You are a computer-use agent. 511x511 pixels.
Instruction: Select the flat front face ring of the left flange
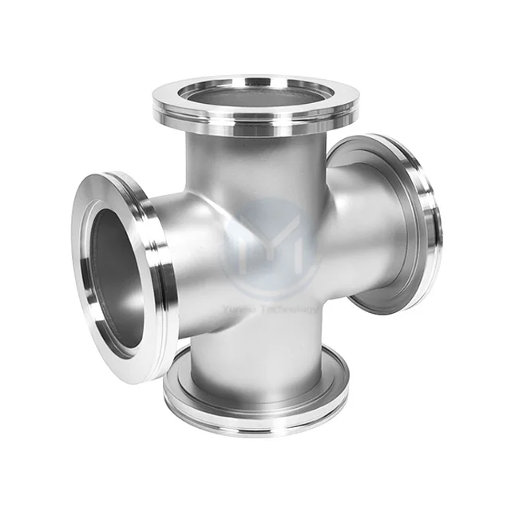[x=89, y=240]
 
